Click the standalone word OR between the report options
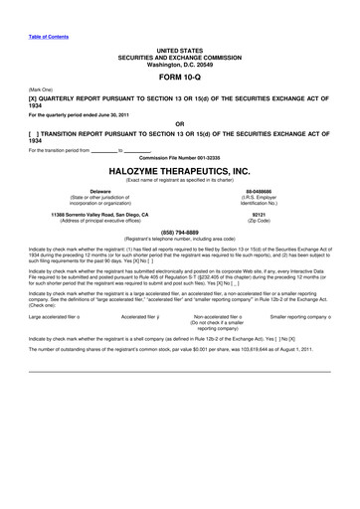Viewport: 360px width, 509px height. point(180,125)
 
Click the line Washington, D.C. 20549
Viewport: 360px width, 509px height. point(180,62)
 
